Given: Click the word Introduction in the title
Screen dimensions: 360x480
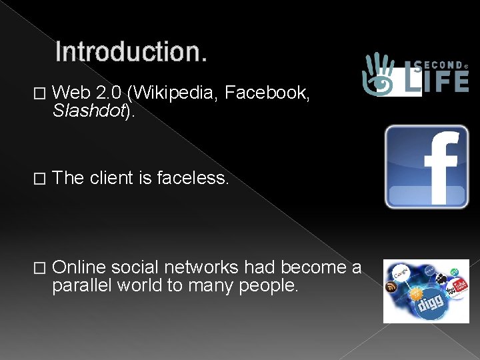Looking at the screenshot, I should tap(130, 52).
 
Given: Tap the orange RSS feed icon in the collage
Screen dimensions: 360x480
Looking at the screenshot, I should tap(391, 287).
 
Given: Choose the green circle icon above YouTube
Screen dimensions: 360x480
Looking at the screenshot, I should tap(454, 273).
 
